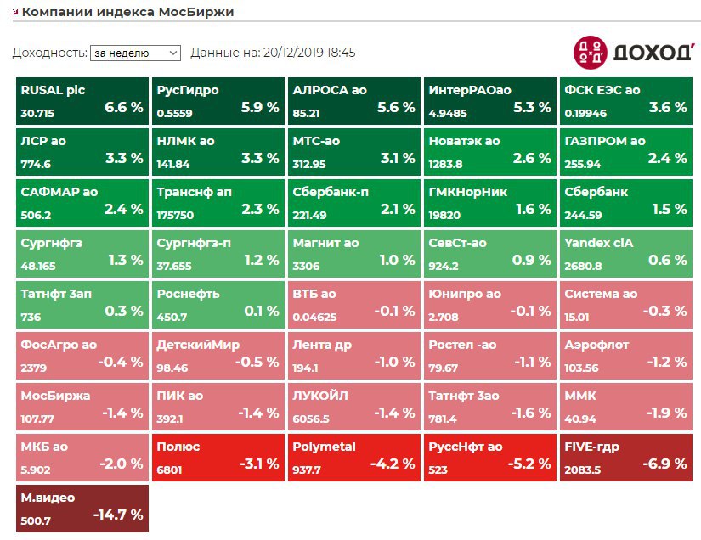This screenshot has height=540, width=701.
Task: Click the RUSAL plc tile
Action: click(x=82, y=99)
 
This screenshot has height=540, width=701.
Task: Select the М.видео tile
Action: click(x=82, y=507)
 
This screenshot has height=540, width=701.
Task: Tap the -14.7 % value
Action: click(x=118, y=515)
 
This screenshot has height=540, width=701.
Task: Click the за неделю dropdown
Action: click(x=135, y=53)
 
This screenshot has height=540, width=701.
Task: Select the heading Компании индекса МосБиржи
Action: click(x=127, y=13)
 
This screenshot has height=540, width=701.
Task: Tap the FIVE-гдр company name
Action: click(x=592, y=447)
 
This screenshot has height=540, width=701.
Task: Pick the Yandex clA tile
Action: click(x=626, y=252)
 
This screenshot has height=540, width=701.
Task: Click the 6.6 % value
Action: click(x=123, y=107)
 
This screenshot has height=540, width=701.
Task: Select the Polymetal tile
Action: click(x=354, y=456)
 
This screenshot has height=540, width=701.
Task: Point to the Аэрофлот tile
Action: click(x=626, y=354)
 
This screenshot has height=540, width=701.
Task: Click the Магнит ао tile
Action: click(x=354, y=252)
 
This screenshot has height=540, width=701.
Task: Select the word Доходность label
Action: click(x=48, y=53)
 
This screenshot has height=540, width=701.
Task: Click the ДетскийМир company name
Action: click(x=198, y=345)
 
